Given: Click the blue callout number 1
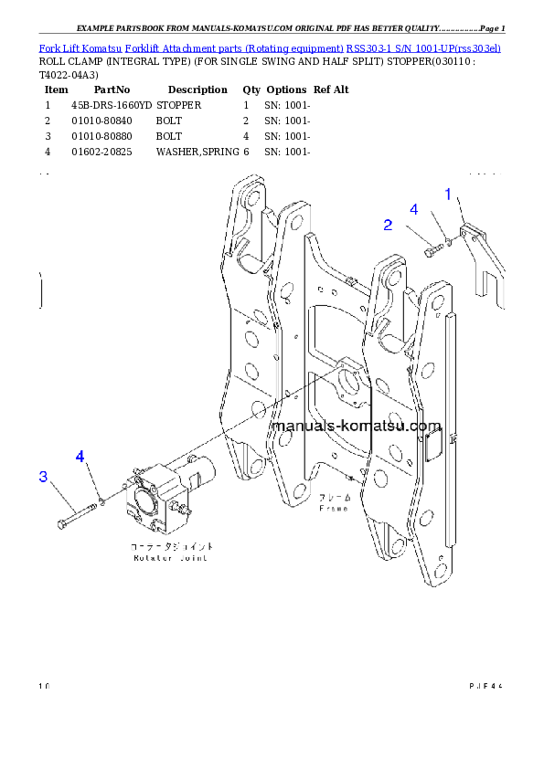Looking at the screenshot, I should (448, 194).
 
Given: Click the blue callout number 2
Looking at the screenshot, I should (388, 225).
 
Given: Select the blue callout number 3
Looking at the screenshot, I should (42, 476).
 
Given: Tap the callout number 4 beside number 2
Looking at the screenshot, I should (413, 210).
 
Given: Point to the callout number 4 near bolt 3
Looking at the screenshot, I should (80, 456).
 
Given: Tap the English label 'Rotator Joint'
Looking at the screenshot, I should (170, 557).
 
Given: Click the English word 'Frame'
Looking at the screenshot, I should (333, 509).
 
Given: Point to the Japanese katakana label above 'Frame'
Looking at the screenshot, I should (333, 499).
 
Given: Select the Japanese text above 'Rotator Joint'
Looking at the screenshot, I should (170, 546).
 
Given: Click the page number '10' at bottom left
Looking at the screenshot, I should (44, 685).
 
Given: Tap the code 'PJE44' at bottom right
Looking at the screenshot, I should (487, 685).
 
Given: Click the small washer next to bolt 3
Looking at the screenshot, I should (104, 500).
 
